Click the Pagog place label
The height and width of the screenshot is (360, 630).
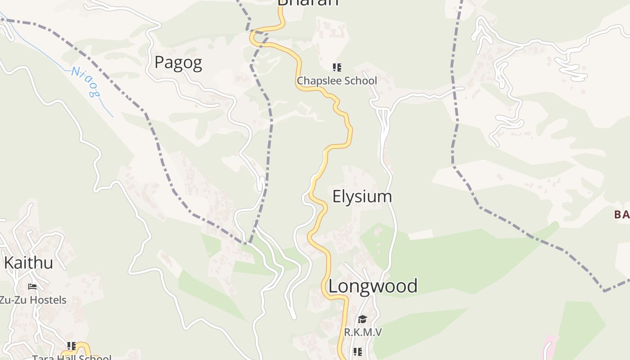178,63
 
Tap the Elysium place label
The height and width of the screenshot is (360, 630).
362,196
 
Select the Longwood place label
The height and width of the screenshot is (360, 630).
373,286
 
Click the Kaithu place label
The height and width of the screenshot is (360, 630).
28,262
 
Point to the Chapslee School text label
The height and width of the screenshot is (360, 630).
337,81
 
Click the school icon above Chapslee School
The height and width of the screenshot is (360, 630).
337,67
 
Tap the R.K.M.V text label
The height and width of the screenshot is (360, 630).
363,332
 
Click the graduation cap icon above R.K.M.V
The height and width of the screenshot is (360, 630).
362,319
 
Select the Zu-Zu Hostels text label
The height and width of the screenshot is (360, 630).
32,300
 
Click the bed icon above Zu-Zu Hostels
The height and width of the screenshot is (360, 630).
32,286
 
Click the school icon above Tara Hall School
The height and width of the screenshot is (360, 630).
71,346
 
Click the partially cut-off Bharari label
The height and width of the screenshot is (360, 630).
308,3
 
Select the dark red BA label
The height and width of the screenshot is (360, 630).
621,214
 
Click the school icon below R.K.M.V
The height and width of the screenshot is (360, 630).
357,351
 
